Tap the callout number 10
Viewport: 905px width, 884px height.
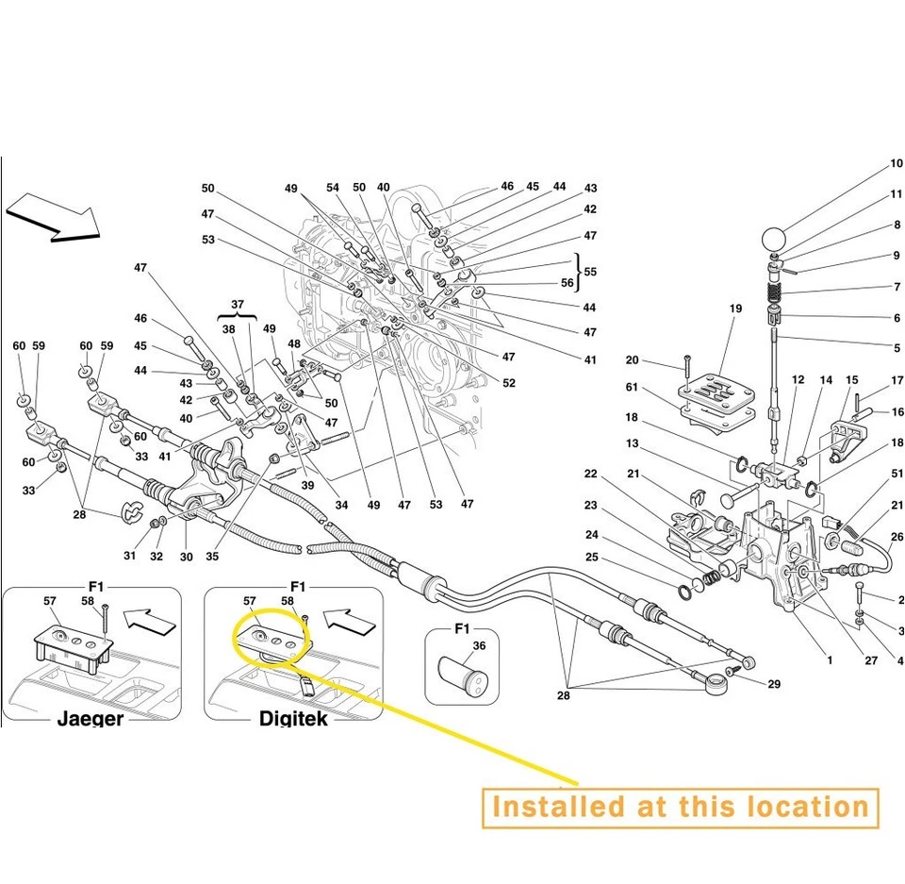[x=896, y=164]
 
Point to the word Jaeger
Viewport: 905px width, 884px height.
[x=90, y=719]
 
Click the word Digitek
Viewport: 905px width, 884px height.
[x=293, y=719]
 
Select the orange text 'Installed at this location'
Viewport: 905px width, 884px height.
[x=680, y=808]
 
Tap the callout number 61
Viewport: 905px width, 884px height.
[x=632, y=388]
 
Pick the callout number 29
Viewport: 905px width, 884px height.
[x=774, y=684]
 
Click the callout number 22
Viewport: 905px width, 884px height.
[x=590, y=474]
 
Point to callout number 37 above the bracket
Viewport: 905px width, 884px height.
[x=238, y=306]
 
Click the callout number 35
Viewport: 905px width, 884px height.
[x=212, y=557]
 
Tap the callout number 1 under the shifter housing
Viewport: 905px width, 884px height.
[x=831, y=660]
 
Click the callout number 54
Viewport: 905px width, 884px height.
[x=333, y=188]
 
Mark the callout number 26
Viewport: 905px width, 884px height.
[x=896, y=538]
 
